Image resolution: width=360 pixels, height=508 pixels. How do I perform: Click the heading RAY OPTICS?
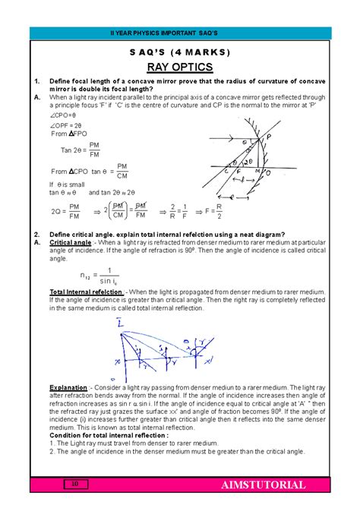click(x=180, y=66)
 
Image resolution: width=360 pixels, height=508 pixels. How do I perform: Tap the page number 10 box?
click(x=75, y=484)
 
